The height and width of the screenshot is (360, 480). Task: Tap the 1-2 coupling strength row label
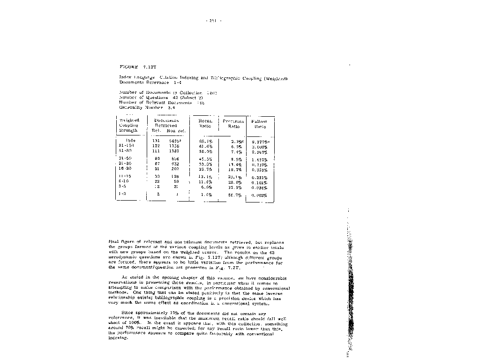(122, 193)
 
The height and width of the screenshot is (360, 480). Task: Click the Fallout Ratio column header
(260, 124)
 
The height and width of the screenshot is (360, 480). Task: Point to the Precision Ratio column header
(233, 123)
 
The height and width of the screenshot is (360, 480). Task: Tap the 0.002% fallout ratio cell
(260, 195)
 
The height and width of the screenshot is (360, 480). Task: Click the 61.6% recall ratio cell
(206, 146)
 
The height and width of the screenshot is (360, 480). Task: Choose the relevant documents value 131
(156, 141)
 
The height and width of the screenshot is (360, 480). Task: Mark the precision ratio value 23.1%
(234, 177)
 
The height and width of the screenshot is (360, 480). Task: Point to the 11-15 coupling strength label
(125, 177)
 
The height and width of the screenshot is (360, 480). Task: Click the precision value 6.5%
(235, 146)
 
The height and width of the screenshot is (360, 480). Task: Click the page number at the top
(213, 20)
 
